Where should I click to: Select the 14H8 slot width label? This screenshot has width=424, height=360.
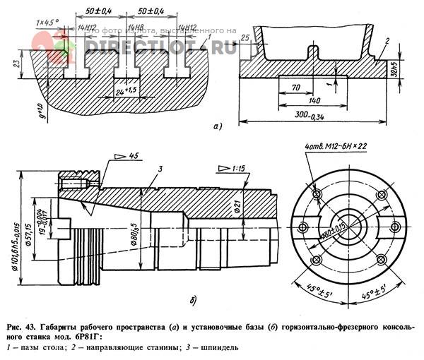click(x=131, y=28)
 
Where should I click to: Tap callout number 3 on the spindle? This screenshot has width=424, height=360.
click(x=161, y=169)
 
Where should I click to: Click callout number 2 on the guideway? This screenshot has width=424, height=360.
click(x=387, y=42)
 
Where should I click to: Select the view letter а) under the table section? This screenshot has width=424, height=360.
click(x=218, y=127)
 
